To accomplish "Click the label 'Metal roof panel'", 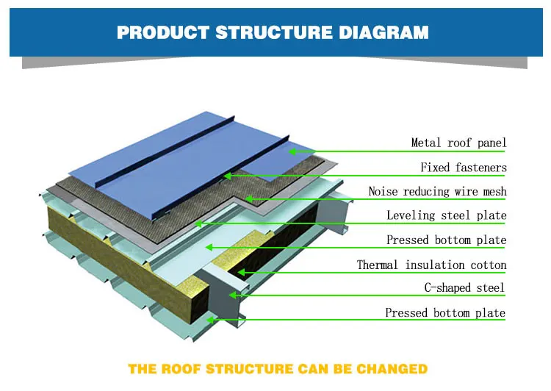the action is coord(458,143).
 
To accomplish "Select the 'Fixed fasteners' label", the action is coord(464,168).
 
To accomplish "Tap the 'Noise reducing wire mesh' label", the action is coord(438,191).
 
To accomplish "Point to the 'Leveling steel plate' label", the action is coord(447,215).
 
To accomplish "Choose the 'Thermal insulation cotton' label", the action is coord(431,265).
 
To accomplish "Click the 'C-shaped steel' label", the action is coord(464,287).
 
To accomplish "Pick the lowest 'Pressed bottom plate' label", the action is coord(445,312).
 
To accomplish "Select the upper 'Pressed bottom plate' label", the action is coord(446,240).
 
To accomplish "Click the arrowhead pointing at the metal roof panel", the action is coord(292,151).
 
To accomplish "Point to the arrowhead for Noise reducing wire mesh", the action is coord(249,199).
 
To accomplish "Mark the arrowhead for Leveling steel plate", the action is coord(198,223).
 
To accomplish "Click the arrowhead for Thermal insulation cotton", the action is coord(241,272).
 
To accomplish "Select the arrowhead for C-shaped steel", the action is coord(233,295).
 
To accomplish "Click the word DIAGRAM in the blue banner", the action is coord(383,32).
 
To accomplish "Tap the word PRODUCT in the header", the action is coord(163,32).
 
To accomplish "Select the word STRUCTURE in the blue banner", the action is coord(274,32).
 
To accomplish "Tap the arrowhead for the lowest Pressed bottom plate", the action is coord(210,320).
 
